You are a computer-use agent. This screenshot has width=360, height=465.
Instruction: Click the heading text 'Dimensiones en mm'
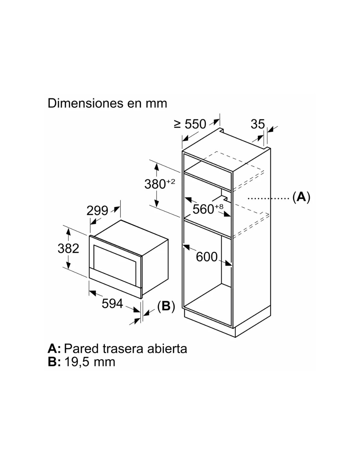point(107,103)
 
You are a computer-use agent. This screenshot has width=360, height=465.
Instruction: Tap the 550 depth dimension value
point(195,124)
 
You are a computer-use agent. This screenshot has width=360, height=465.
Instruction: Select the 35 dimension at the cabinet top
point(258,124)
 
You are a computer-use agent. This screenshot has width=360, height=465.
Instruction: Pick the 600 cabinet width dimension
point(207,257)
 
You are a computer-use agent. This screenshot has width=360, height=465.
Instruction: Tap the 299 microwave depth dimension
point(97,211)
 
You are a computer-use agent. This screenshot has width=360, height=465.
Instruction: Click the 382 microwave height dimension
point(68,249)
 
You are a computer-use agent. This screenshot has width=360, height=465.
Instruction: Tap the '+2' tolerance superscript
point(171,181)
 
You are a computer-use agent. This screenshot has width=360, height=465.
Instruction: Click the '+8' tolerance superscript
point(219,206)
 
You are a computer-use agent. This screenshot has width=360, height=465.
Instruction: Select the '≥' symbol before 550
point(177,124)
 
